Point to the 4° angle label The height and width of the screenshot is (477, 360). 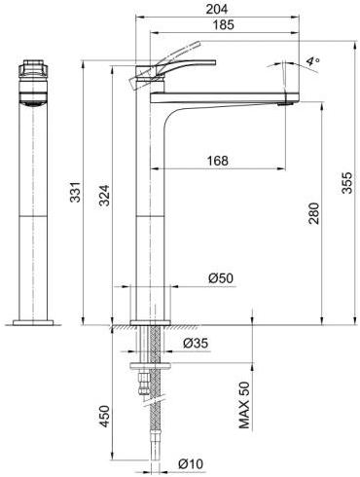tap(311, 61)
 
